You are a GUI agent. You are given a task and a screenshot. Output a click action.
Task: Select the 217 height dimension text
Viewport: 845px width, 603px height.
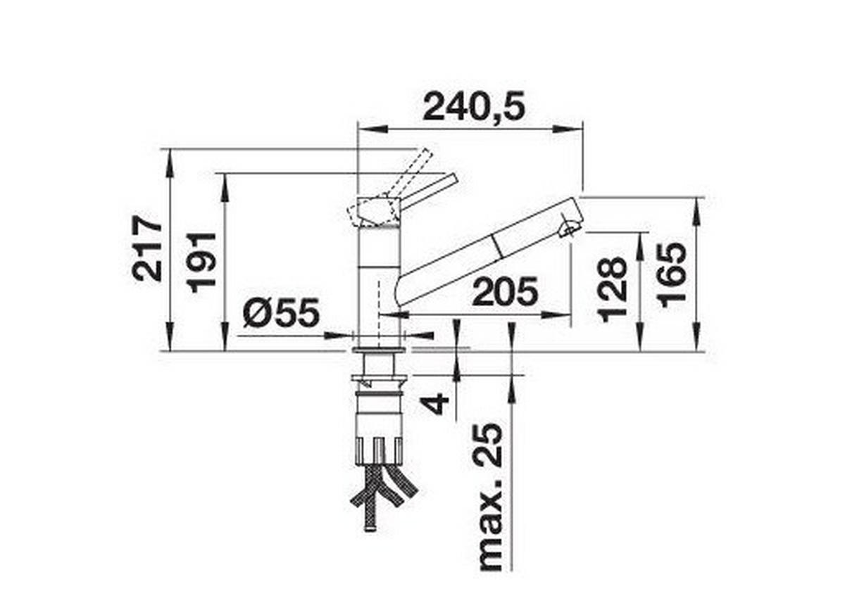coord(147,249)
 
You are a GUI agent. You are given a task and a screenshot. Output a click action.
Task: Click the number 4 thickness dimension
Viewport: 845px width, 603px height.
coord(437,403)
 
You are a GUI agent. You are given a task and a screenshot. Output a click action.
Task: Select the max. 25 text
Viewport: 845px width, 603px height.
coord(492,497)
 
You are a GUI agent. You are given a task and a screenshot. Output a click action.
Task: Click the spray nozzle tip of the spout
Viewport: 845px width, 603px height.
coord(570,227)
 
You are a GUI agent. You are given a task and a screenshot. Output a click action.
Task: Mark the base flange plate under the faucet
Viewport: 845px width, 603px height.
coord(380,348)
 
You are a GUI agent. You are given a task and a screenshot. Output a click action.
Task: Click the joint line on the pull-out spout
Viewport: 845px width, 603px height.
coord(498,246)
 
